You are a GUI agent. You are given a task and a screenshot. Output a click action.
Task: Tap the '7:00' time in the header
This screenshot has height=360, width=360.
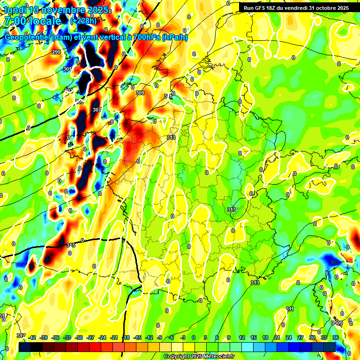coord(15,22)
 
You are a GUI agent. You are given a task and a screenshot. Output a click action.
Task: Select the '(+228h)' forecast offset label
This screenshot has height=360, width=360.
coord(83,21)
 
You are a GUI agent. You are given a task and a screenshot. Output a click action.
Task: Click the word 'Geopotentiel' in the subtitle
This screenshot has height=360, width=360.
coord(28,37)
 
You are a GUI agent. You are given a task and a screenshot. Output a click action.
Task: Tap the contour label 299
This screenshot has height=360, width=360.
coord(56,52)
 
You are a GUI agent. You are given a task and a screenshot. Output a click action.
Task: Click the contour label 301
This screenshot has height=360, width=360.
coord(67,69)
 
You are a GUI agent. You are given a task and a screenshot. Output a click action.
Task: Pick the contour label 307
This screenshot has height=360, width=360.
coord(97,110)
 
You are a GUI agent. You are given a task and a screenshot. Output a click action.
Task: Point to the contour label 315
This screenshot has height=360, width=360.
coord(71,245)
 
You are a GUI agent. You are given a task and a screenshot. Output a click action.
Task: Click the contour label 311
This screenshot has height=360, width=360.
coord(290,309)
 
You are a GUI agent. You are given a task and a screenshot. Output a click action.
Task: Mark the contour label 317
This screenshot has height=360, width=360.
coord(21,336)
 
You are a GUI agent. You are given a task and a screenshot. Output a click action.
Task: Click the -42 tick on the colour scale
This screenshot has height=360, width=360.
coord(32,337)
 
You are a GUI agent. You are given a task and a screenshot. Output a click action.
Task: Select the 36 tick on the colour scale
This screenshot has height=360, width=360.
coord(336,337)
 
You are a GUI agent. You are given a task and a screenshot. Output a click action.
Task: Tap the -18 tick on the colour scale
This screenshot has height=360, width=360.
coord(126,337)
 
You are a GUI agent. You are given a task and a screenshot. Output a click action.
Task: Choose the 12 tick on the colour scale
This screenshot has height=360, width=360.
coord(242,337)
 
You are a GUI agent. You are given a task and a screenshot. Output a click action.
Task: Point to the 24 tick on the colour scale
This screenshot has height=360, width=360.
coord(289,337)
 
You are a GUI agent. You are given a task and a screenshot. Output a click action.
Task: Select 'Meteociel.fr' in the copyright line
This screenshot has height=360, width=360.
coord(219,357)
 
